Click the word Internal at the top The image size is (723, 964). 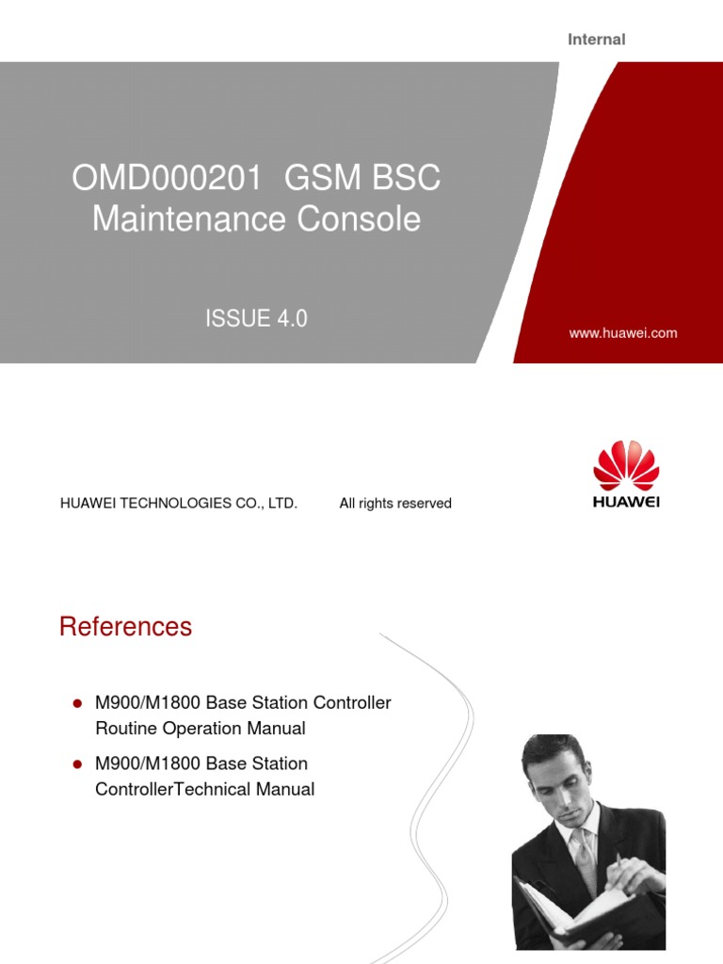point(596,40)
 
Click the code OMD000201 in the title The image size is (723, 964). point(165,178)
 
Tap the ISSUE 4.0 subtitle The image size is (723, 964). point(256,319)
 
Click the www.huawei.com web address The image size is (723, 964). point(623,333)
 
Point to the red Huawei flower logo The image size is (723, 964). point(626,465)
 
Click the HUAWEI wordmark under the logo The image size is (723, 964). point(626,502)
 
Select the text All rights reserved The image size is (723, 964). point(395,504)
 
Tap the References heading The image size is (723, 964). point(125,627)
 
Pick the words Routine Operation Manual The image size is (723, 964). point(201,728)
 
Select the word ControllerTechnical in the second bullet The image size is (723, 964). point(173,789)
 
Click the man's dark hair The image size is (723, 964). point(555,753)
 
